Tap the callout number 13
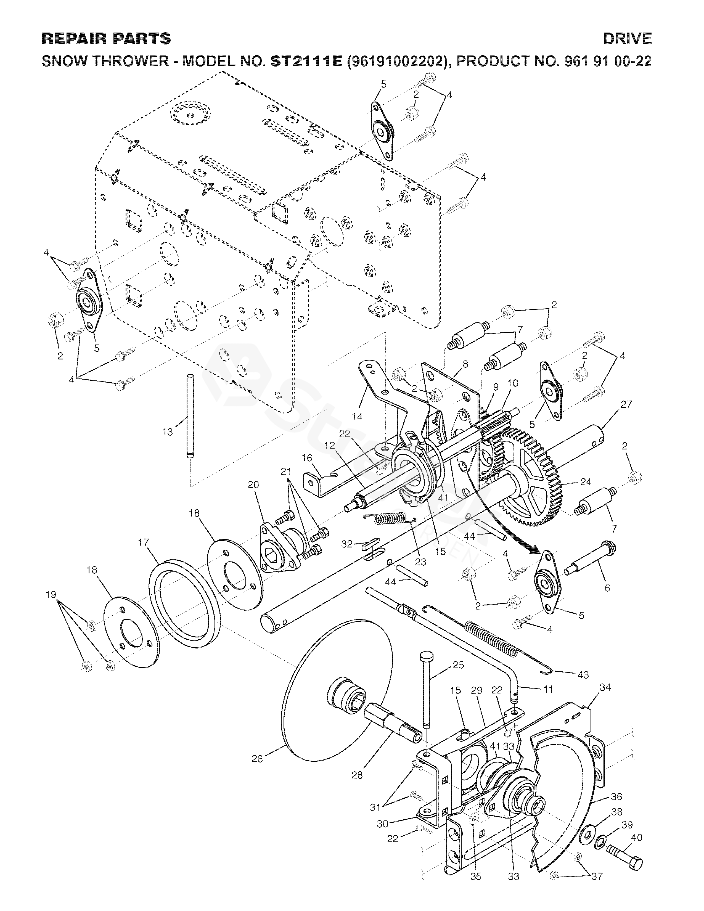[x=167, y=432]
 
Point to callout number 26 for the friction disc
[x=257, y=759]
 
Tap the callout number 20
[x=253, y=485]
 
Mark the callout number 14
[x=357, y=416]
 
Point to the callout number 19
[x=51, y=594]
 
